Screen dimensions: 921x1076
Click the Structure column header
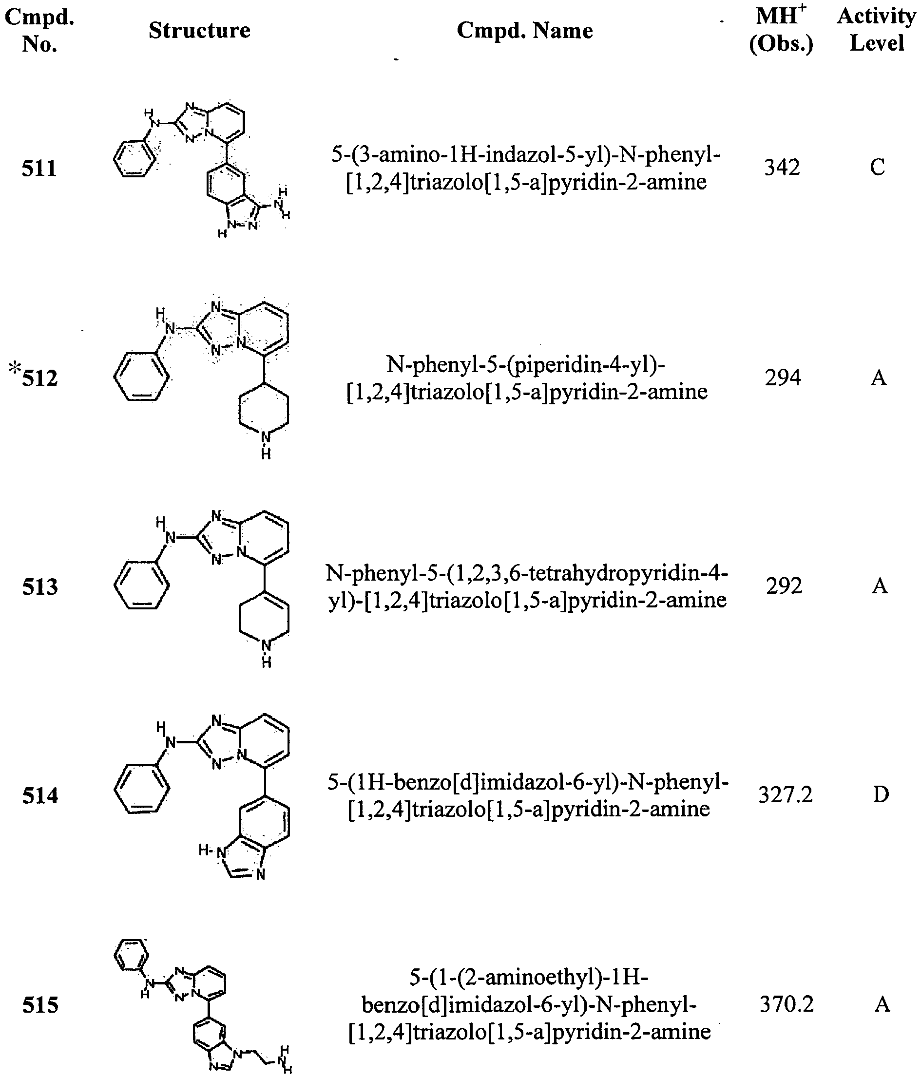199,30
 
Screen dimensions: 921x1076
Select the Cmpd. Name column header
525,31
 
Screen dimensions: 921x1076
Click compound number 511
39,169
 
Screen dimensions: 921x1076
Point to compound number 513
40,587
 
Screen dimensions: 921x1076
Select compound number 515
40,1005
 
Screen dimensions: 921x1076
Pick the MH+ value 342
782,167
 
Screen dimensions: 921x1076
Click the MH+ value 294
783,378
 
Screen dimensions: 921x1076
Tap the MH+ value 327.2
785,795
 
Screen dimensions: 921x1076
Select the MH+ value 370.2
787,1004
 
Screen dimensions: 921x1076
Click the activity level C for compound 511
877,167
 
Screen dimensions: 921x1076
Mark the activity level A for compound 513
880,586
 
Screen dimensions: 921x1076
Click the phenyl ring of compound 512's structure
141,377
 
